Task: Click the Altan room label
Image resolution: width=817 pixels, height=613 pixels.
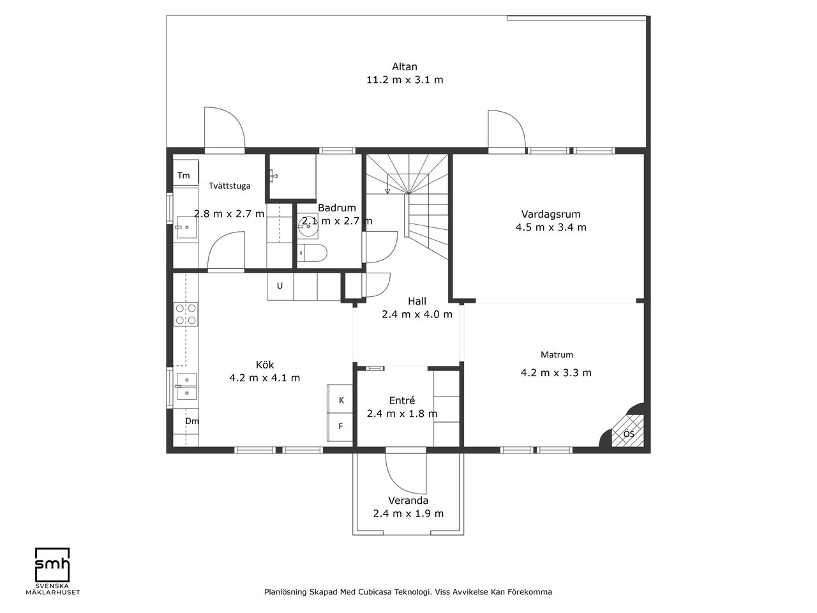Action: (405, 66)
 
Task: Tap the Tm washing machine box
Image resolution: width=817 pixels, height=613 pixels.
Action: (186, 173)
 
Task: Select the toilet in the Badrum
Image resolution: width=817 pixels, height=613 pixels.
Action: (312, 253)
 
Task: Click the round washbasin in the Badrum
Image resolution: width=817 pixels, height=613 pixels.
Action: (308, 226)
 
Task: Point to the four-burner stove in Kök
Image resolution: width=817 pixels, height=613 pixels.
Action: (186, 314)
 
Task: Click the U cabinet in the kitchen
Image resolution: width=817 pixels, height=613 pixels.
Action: (280, 286)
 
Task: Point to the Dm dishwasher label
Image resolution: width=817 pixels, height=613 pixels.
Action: (192, 421)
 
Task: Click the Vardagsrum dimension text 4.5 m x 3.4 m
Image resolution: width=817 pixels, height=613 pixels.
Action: (551, 227)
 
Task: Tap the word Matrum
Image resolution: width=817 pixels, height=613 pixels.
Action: (557, 354)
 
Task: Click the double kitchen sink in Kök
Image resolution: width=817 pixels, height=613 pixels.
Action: (186, 386)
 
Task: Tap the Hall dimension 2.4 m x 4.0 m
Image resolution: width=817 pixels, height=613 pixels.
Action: (417, 315)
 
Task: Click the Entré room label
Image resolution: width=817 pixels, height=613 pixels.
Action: (402, 400)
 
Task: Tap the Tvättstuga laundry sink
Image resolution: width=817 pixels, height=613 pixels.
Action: (186, 227)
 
